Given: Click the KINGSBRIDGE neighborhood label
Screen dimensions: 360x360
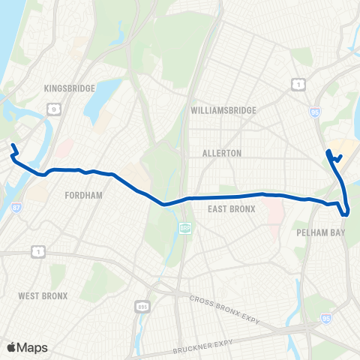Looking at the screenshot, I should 69,88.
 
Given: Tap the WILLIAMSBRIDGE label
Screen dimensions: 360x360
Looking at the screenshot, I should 223,110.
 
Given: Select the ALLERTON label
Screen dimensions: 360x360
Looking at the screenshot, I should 222,153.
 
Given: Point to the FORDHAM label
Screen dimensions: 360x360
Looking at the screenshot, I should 84,194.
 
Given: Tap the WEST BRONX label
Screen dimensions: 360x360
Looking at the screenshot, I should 43,296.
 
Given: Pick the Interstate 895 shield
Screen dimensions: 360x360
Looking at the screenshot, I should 142,307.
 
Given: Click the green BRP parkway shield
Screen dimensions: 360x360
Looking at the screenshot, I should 184,228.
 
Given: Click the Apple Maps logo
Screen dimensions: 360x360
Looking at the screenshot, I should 26,347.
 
